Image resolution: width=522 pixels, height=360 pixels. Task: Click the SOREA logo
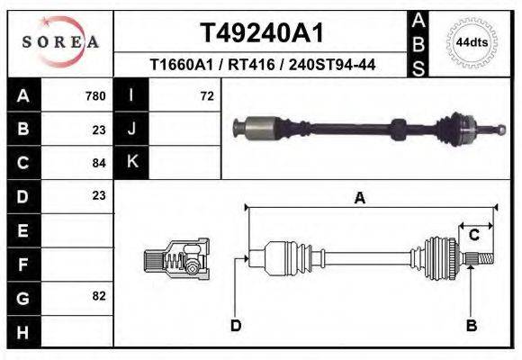coord(60,42)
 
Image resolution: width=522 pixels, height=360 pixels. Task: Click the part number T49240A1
coord(260,33)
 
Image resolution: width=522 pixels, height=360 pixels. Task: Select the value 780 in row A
coord(94,96)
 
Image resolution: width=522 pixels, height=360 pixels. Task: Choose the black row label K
coord(131,162)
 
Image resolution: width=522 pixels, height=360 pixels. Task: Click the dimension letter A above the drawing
coord(360,199)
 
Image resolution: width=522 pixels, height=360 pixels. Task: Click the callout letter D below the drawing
coord(235,325)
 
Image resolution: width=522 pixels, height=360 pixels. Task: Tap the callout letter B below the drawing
coord(471,325)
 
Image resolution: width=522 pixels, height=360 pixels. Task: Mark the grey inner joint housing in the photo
coord(260,127)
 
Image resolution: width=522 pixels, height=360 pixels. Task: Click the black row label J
coord(131,129)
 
